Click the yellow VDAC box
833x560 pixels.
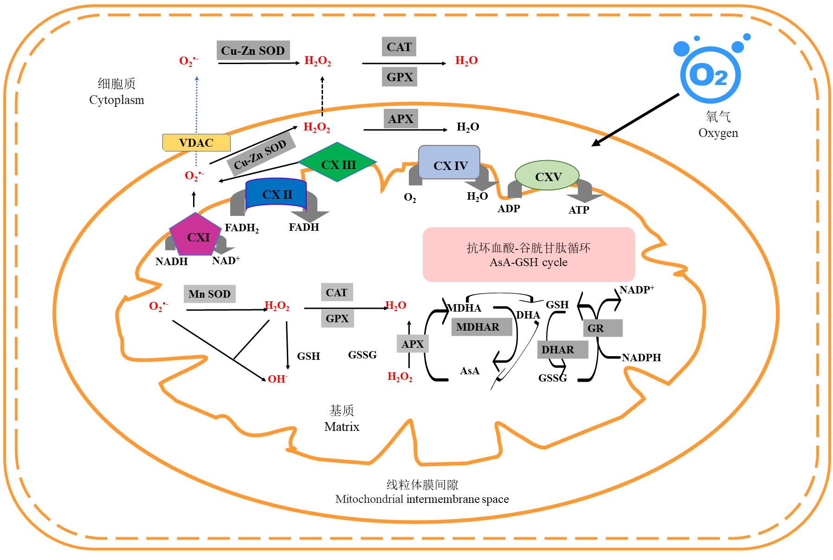tap(196, 143)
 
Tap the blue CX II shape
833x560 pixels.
tap(277, 194)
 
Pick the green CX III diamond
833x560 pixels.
tap(338, 164)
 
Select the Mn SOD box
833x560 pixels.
tap(209, 294)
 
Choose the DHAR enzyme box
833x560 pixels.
tap(562, 350)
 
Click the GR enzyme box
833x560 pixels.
tap(602, 328)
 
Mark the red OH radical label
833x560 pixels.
tap(277, 379)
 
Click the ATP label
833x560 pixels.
tap(579, 210)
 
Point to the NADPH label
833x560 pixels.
tap(641, 358)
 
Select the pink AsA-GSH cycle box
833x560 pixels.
tap(529, 254)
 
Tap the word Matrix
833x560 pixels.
tap(342, 427)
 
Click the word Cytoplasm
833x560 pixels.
tap(116, 100)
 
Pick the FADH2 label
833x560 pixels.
tap(241, 228)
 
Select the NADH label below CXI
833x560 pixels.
tap(171, 261)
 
